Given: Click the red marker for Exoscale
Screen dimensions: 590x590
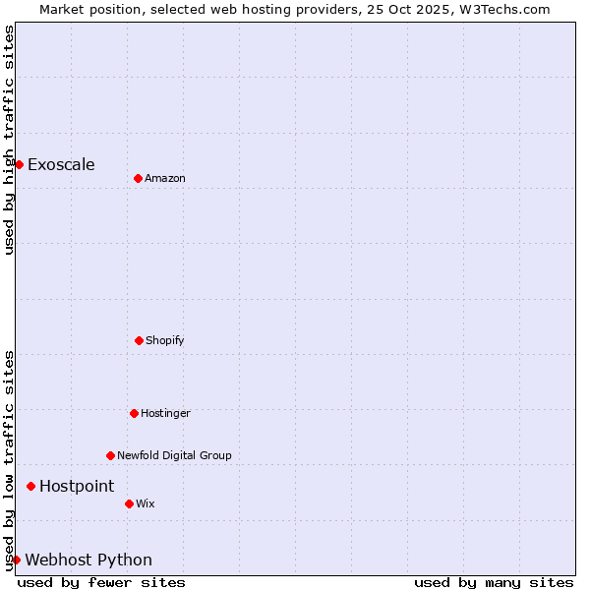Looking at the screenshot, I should pyautogui.click(x=19, y=164).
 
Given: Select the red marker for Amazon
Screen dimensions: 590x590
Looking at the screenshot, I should pyautogui.click(x=138, y=178).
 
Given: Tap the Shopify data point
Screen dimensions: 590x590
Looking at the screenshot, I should pyautogui.click(x=139, y=340).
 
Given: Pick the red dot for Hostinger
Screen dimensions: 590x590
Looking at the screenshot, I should pyautogui.click(x=134, y=413).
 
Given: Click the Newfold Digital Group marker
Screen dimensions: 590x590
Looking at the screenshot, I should pyautogui.click(x=110, y=455).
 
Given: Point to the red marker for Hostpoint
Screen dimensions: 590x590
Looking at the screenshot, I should pyautogui.click(x=30, y=486).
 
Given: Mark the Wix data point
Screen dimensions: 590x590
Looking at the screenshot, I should pyautogui.click(x=129, y=503).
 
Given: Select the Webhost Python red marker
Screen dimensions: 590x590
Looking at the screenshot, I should pyautogui.click(x=16, y=560).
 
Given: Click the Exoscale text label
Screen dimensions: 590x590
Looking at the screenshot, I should pyautogui.click(x=61, y=164).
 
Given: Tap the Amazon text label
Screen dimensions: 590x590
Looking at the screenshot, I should pyautogui.click(x=165, y=178).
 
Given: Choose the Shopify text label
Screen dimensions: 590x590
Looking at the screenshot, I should pyautogui.click(x=165, y=340).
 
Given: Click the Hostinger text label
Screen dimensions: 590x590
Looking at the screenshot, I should pyautogui.click(x=165, y=413).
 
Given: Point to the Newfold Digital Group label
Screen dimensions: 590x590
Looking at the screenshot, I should pyautogui.click(x=174, y=455).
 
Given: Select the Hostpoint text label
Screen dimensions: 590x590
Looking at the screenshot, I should pyautogui.click(x=77, y=486).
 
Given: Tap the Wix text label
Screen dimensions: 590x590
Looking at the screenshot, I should pyautogui.click(x=146, y=503).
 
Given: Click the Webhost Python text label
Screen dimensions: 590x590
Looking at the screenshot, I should pyautogui.click(x=88, y=560).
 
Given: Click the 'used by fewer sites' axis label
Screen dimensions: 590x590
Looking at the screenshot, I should pyautogui.click(x=101, y=582).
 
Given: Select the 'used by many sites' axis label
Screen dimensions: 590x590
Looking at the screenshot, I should pyautogui.click(x=494, y=582).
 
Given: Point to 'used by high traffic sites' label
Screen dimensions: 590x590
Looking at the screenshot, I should pyautogui.click(x=9, y=140).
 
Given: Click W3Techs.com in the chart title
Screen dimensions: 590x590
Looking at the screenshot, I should pyautogui.click(x=501, y=9).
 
